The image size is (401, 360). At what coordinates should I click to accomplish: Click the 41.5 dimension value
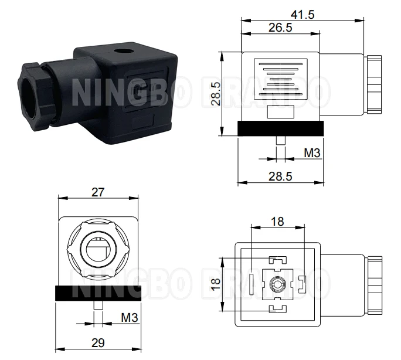[x=302, y=14]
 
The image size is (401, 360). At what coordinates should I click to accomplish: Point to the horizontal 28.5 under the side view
[x=281, y=175]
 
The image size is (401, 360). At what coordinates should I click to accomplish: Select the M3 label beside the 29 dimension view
[x=130, y=318]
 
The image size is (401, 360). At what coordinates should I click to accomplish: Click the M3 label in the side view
[x=312, y=153]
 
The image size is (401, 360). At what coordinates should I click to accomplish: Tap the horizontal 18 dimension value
[x=277, y=220]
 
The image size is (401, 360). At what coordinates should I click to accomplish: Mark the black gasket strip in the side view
[x=280, y=127]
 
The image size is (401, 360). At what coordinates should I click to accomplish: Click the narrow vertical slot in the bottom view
[x=252, y=284]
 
